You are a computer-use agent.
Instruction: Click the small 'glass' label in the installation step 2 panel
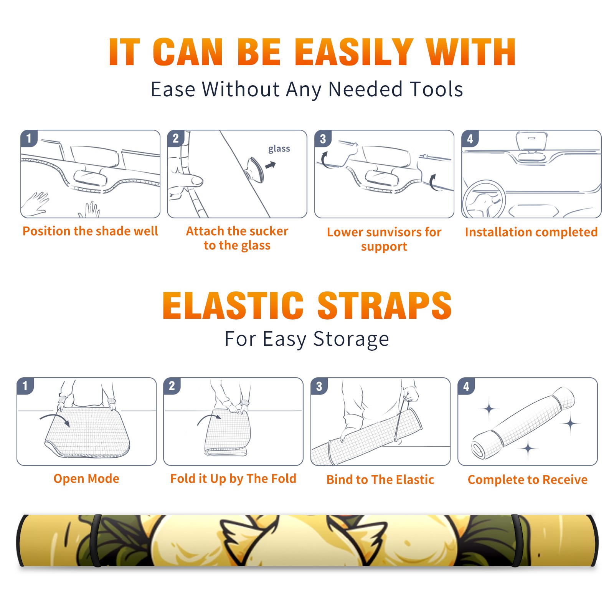279,149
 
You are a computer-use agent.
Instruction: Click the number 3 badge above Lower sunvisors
323,139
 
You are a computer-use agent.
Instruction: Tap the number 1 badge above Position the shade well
29,138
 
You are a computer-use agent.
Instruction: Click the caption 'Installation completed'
531,232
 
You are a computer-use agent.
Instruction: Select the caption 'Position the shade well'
90,231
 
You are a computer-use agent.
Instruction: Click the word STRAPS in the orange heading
385,305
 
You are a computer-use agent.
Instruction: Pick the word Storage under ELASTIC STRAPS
351,340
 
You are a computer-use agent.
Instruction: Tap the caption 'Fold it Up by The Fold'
233,479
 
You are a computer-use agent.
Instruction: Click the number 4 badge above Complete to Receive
466,386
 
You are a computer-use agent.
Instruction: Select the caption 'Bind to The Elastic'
380,480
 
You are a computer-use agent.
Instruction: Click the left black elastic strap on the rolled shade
96,540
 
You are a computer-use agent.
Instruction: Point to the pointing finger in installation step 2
186,181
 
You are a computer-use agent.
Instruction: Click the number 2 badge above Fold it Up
172,386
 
